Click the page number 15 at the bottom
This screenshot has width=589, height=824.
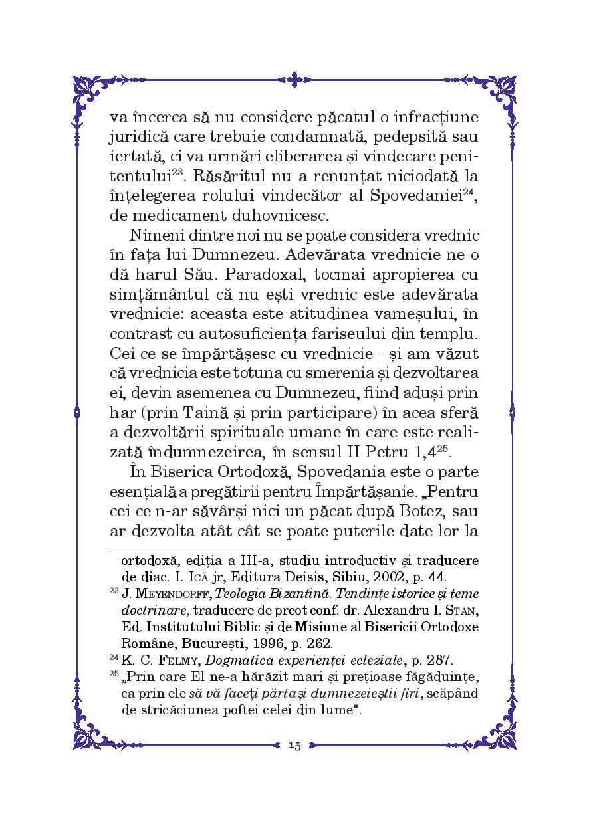294,746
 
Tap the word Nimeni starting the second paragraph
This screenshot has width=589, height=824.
151,236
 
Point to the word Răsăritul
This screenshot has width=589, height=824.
227,177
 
